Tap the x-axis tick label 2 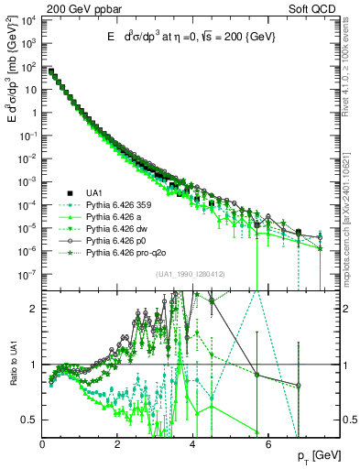click(117, 446)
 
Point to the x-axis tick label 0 click(42, 446)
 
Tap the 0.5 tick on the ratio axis click(30, 420)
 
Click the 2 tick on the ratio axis click(35, 309)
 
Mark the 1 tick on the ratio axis click(35, 365)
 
